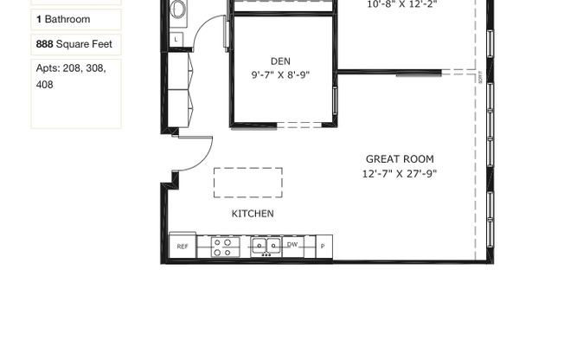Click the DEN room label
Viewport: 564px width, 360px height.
click(x=280, y=61)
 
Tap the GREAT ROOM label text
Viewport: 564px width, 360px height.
click(x=400, y=159)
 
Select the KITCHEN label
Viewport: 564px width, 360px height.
click(x=253, y=214)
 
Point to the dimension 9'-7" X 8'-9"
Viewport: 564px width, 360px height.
click(x=280, y=75)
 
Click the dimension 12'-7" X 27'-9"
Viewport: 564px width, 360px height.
click(x=400, y=174)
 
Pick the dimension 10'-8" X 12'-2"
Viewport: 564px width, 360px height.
click(x=402, y=4)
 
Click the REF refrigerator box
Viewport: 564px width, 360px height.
click(x=183, y=247)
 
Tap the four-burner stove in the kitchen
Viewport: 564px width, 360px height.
click(x=223, y=247)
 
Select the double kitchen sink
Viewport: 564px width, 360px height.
click(x=266, y=247)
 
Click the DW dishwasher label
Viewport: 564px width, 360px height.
click(x=292, y=245)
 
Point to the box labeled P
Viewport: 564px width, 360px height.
click(x=323, y=247)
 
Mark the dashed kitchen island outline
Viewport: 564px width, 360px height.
click(x=248, y=183)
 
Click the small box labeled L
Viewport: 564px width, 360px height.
click(x=176, y=39)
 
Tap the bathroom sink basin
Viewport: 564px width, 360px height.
click(x=177, y=10)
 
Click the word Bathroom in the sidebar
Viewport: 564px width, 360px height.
click(x=67, y=19)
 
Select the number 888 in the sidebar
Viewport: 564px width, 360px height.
click(x=44, y=44)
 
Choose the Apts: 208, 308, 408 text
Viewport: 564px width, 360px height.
click(x=71, y=76)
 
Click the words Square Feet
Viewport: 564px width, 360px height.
click(x=85, y=44)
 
